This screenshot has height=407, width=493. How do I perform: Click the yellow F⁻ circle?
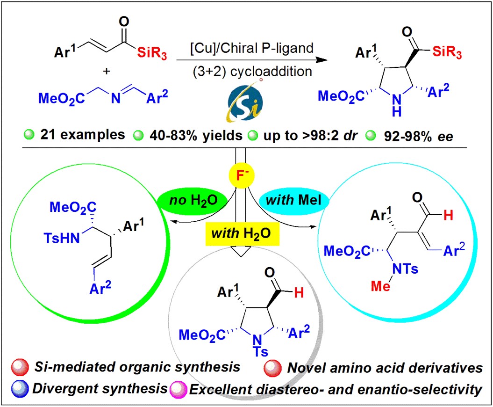point(241,175)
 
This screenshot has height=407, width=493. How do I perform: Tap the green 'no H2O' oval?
point(193,200)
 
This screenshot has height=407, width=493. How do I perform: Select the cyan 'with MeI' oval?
point(293,200)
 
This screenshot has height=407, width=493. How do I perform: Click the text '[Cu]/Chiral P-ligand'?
point(252,48)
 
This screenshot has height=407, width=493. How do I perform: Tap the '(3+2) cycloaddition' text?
point(252,72)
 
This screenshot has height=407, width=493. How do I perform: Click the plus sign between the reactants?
point(107,71)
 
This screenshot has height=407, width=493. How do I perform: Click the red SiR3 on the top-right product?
point(447,51)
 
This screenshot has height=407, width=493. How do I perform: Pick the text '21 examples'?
point(82,135)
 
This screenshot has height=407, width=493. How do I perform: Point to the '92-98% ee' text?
point(419,136)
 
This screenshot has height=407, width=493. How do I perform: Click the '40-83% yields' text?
point(196,136)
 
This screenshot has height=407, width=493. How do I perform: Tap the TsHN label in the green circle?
point(62,238)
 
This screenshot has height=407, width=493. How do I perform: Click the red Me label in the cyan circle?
point(380,286)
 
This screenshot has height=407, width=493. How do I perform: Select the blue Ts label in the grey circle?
point(261,351)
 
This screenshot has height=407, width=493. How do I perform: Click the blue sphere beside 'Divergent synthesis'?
point(20,388)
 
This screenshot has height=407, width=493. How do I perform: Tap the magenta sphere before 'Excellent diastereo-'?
point(178,390)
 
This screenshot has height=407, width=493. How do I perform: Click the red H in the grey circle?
point(299,293)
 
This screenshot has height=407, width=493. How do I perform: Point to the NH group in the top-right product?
point(397,105)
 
